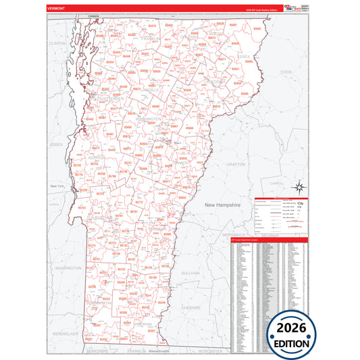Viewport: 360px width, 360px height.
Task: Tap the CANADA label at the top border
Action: coord(93,15)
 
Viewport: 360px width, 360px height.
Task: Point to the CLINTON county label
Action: coord(57,43)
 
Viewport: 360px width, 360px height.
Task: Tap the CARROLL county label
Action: coord(277,183)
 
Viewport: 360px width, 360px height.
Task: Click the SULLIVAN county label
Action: coord(191,273)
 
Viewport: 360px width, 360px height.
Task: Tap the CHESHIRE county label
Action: coord(191,307)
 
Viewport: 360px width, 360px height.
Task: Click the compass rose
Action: coord(301,188)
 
